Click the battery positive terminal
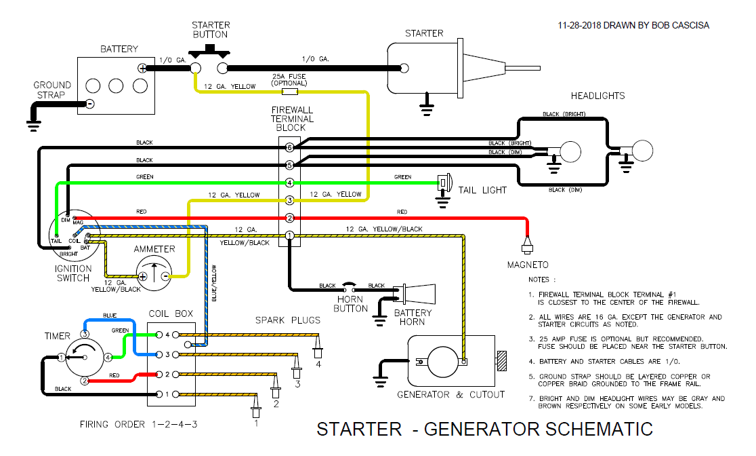(x=142, y=68)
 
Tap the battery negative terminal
(x=89, y=104)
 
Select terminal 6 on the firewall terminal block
(x=289, y=147)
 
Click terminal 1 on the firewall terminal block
(x=289, y=235)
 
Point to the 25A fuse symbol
(x=290, y=90)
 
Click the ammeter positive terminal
(x=143, y=277)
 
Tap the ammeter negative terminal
(x=165, y=277)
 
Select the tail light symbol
(x=444, y=183)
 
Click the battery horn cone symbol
(x=419, y=293)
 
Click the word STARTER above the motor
(x=423, y=33)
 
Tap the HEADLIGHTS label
(x=597, y=96)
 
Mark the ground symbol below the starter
(x=427, y=103)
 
